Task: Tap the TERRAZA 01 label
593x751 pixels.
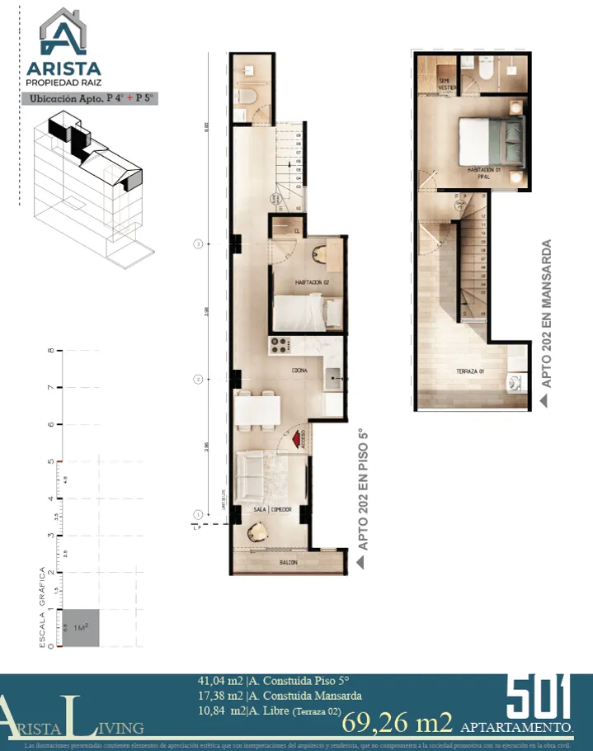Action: coord(469,371)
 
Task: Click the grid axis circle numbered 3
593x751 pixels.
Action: coord(198,243)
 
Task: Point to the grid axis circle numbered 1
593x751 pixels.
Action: coord(198,514)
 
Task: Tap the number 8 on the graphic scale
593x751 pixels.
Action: coord(51,351)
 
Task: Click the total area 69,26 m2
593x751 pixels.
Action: coord(398,723)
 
